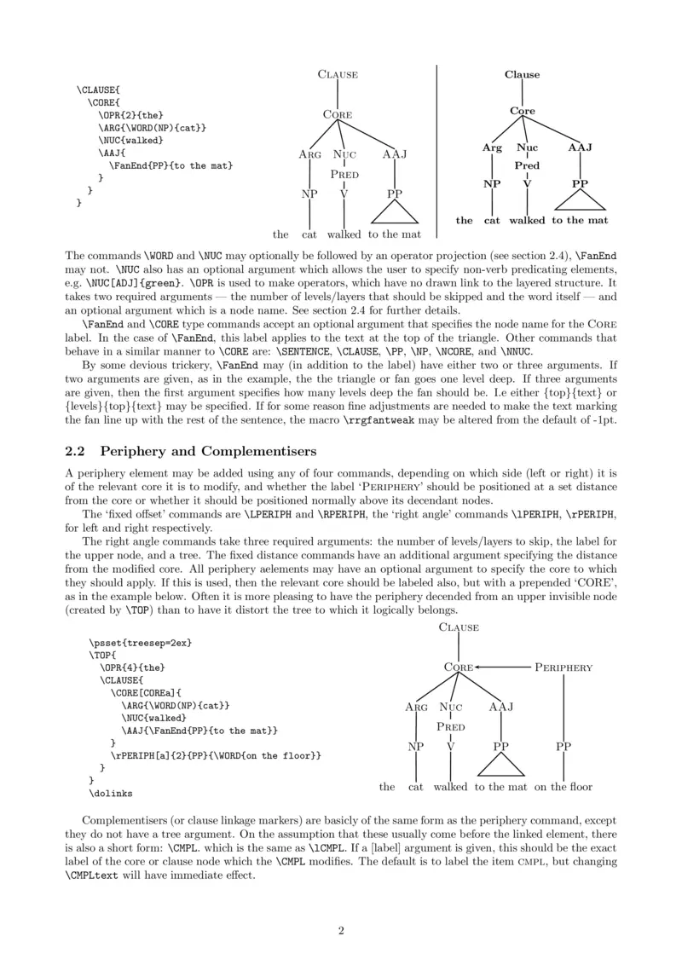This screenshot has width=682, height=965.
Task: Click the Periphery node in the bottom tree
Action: (x=564, y=667)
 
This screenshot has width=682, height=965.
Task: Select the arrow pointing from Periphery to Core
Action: (x=504, y=667)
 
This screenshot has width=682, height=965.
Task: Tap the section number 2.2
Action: (x=78, y=450)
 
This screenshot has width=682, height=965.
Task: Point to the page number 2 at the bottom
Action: (x=341, y=930)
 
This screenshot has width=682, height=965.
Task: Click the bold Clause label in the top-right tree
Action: (x=522, y=75)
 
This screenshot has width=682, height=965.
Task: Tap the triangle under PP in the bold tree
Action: (x=580, y=199)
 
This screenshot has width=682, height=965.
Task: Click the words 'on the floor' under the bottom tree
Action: (x=564, y=787)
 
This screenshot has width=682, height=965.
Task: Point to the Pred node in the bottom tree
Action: (x=451, y=727)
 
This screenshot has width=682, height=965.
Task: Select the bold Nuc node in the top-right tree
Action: (x=527, y=147)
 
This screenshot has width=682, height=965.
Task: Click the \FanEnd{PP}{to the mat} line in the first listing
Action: (x=170, y=165)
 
